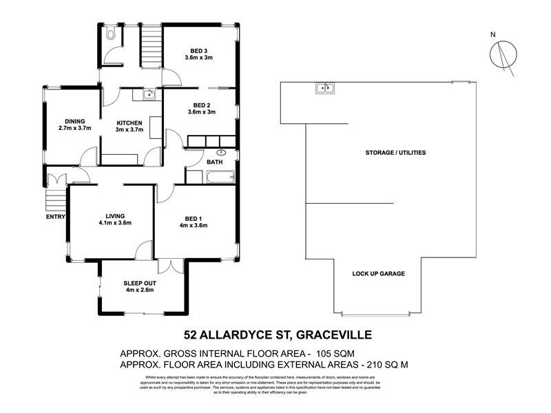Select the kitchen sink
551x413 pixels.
(147, 96)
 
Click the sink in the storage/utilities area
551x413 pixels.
(325, 87)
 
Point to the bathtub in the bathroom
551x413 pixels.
(220, 177)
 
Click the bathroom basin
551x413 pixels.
(221, 153)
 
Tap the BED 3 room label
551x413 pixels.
(198, 54)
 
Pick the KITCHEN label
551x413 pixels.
(129, 123)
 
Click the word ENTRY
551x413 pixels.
(55, 218)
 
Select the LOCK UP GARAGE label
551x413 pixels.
(378, 273)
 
